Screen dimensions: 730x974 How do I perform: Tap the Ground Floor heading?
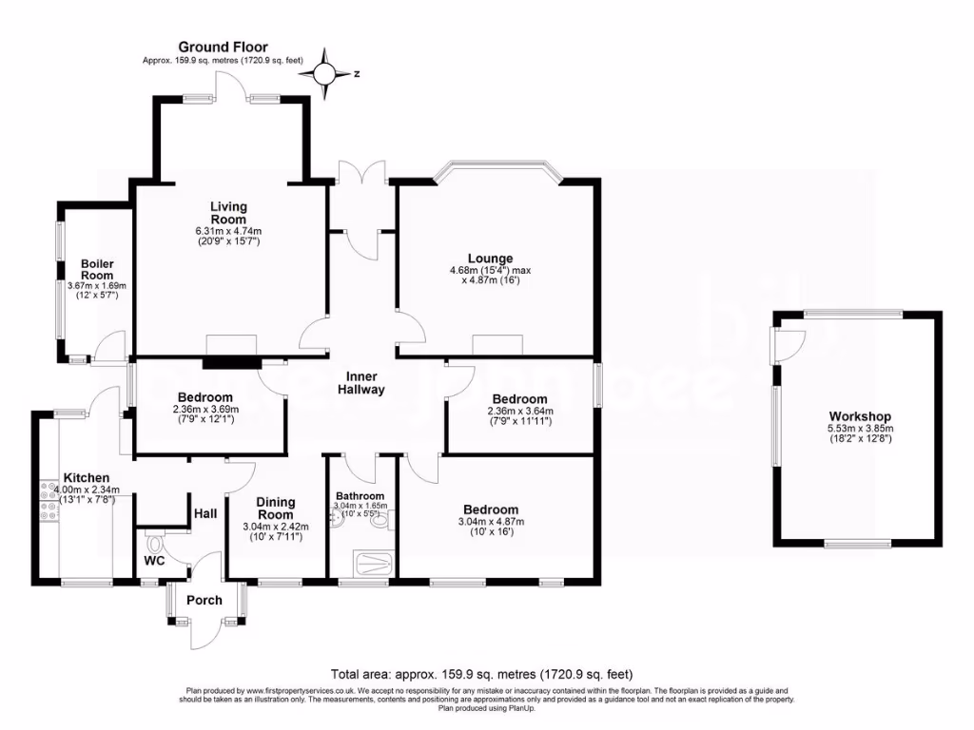pyautogui.click(x=224, y=47)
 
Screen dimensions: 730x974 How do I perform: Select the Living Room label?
pyautogui.click(x=228, y=213)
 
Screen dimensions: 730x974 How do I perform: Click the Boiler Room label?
pyautogui.click(x=98, y=269)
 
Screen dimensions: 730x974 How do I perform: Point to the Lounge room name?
pyautogui.click(x=490, y=259)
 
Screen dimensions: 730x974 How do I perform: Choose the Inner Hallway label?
pyautogui.click(x=364, y=382)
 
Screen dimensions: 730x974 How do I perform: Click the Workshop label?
pyautogui.click(x=859, y=416)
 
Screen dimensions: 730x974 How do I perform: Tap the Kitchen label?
pyautogui.click(x=86, y=477)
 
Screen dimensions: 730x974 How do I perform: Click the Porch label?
pyautogui.click(x=205, y=600)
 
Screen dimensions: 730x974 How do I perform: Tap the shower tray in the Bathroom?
pyautogui.click(x=365, y=564)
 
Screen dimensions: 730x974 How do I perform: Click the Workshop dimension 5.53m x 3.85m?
pyautogui.click(x=859, y=429)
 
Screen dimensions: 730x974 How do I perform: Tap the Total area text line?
pyautogui.click(x=481, y=674)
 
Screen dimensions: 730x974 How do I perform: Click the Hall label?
pyautogui.click(x=205, y=513)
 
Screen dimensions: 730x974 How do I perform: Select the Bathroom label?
pyautogui.click(x=359, y=496)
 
